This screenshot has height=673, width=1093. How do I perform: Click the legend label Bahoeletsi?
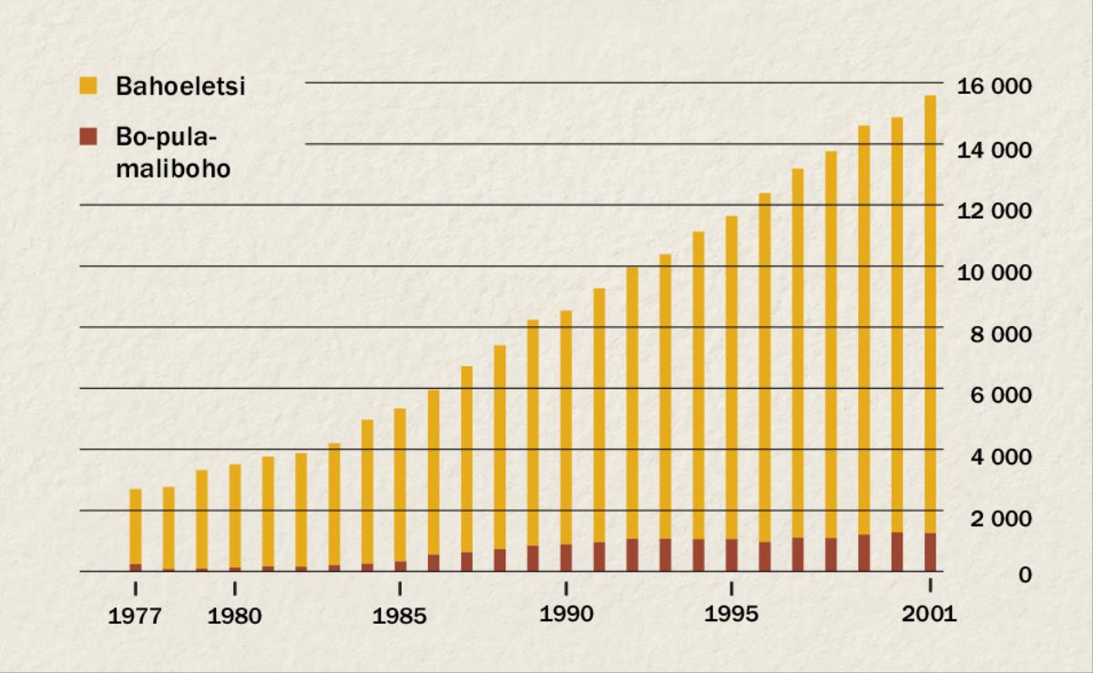(x=181, y=87)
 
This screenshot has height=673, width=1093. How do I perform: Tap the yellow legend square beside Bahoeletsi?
(x=87, y=87)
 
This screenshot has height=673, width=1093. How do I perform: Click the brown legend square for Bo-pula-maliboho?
(x=87, y=138)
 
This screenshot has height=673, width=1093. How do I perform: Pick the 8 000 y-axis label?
(x=999, y=333)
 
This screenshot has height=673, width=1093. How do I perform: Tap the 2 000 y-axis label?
(x=999, y=517)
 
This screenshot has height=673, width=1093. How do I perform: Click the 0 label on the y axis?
(x=1025, y=576)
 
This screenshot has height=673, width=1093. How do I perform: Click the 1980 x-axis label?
(x=234, y=617)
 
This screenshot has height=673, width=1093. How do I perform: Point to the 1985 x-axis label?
(x=399, y=617)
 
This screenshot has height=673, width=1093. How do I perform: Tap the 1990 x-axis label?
(x=566, y=615)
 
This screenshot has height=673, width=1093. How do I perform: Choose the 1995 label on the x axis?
(x=731, y=615)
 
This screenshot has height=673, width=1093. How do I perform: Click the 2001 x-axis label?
(x=929, y=615)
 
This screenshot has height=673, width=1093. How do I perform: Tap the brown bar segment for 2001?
(x=930, y=552)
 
